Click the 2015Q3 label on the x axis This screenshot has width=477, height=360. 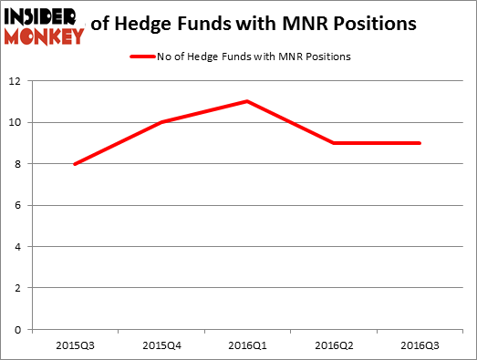point(74,345)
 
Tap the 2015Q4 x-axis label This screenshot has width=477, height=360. point(161,345)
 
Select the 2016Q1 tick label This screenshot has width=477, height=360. point(247,345)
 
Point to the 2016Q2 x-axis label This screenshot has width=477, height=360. point(334,345)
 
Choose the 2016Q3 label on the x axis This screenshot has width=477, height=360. point(420,345)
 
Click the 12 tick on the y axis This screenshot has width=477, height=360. point(16,81)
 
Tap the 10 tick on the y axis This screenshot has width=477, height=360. point(16,122)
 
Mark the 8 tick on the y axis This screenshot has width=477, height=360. point(18,164)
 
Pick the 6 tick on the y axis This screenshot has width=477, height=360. point(18,205)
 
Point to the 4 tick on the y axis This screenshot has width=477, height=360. point(18,246)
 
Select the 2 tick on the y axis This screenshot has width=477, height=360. point(18,288)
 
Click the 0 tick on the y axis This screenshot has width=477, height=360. point(18,329)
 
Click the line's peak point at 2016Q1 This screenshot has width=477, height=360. point(247,101)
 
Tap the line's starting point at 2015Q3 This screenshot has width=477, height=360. point(74,164)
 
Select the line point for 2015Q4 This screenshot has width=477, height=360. point(161,122)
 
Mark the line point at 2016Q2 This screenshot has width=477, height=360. point(334,143)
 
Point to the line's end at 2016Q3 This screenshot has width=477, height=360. point(420,143)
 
